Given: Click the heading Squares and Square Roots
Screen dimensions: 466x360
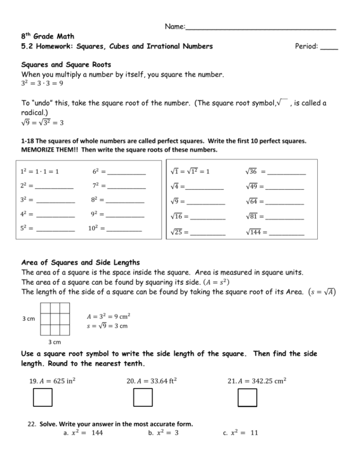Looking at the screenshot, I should [x=66, y=65].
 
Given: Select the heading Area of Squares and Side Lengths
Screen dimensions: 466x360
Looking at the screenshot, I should [x=81, y=262].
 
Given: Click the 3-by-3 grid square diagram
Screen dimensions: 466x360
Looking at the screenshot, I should [x=55, y=319].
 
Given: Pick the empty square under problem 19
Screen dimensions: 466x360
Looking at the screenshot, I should [x=43, y=397].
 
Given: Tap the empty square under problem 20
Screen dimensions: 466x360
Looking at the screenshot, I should [x=143, y=397].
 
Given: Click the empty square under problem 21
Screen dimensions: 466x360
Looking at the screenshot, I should [x=248, y=397].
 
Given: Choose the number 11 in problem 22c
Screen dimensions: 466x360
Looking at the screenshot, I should [x=254, y=432].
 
